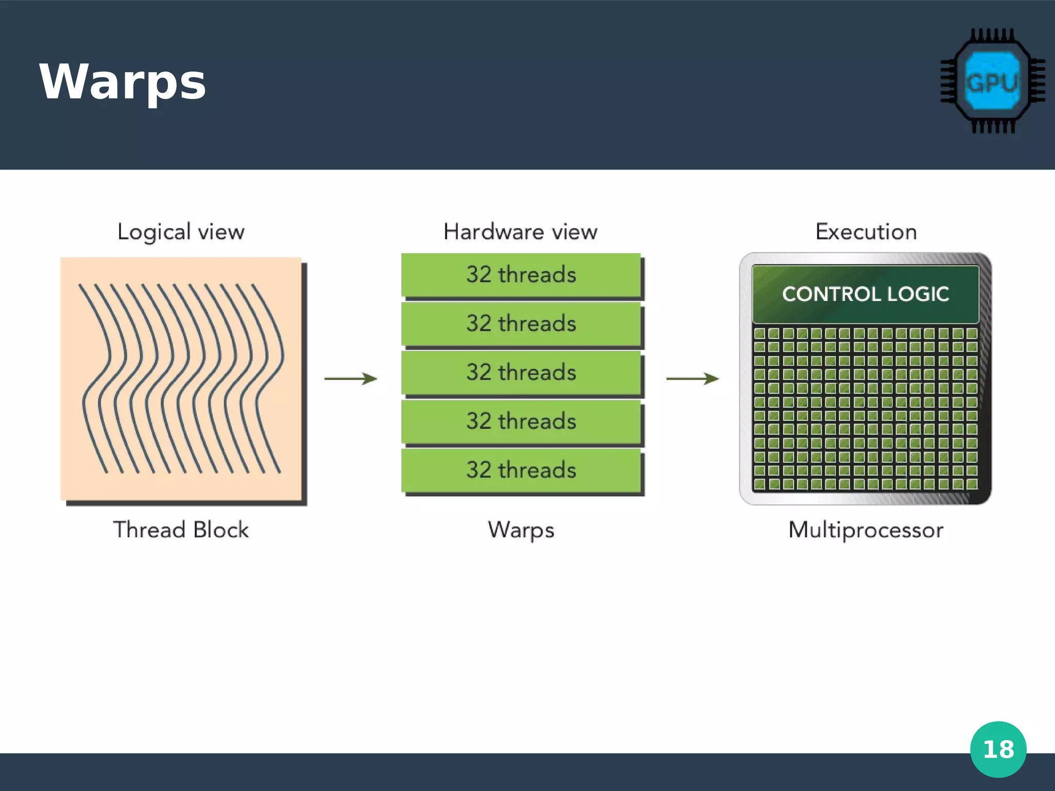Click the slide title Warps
click(x=123, y=82)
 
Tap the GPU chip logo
click(x=992, y=81)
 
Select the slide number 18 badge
click(x=998, y=749)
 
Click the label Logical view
click(x=181, y=232)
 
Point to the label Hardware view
click(x=520, y=232)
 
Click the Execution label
click(x=866, y=232)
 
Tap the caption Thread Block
click(x=181, y=530)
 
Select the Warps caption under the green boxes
click(x=521, y=530)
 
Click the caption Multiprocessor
click(x=865, y=530)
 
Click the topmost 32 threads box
click(x=521, y=274)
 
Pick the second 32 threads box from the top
click(x=521, y=323)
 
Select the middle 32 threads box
click(x=521, y=372)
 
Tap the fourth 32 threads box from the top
click(x=521, y=421)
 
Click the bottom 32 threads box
click(x=521, y=470)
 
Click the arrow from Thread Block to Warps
click(x=351, y=379)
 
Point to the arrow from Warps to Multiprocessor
click(x=692, y=379)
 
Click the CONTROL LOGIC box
click(x=865, y=294)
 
